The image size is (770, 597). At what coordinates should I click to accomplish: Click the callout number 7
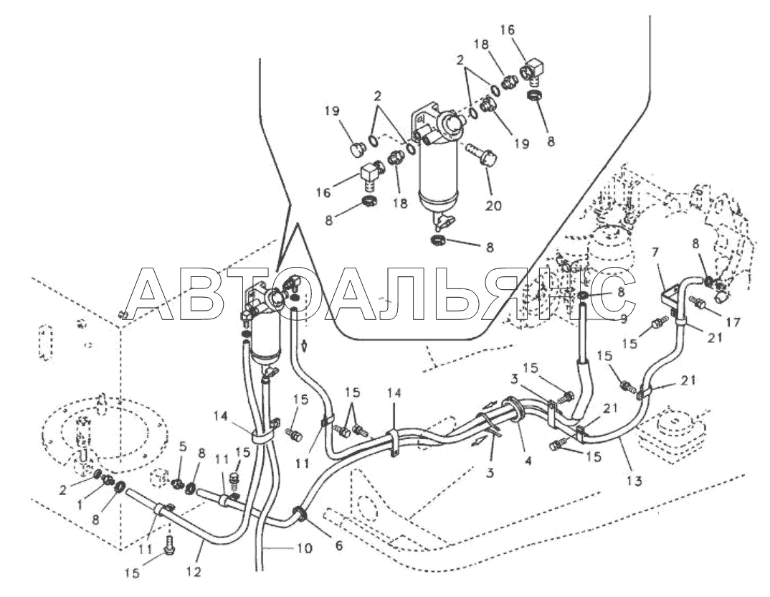654,253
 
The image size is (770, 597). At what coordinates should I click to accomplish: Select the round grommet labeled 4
513,414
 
